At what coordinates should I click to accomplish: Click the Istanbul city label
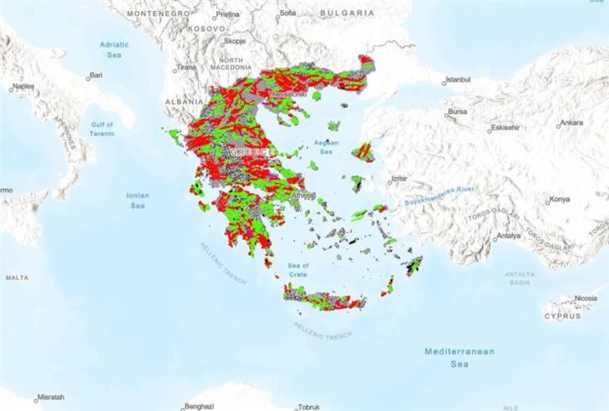458,79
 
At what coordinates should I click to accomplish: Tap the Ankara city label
571,123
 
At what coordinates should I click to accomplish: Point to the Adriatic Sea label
113,50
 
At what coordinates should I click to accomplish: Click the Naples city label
23,84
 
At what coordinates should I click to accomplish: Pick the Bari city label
96,75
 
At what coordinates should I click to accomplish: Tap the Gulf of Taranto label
102,129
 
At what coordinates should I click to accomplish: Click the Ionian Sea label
137,200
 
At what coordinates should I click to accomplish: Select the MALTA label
17,278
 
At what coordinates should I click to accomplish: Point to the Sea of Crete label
297,270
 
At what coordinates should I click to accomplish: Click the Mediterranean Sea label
459,357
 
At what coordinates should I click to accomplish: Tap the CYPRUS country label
562,316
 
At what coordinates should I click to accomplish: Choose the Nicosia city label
584,298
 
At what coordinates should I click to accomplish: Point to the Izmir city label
398,179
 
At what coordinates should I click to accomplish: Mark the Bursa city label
458,112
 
